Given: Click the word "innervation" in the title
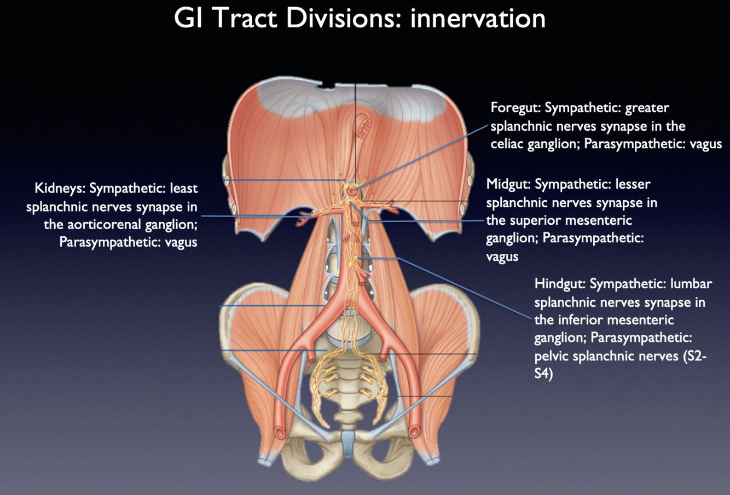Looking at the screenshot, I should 478,18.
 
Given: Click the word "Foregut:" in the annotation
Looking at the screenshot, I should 515,108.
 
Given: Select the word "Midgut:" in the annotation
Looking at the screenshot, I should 508,184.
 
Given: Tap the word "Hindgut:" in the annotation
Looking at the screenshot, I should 560,284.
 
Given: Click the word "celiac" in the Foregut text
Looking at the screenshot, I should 507,144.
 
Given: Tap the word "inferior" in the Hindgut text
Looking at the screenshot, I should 587,320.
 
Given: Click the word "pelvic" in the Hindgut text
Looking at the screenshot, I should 552,356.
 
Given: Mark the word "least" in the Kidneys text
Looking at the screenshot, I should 183,189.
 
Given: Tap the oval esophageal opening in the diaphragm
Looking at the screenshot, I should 362,130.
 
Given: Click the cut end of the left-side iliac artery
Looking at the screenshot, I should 281,433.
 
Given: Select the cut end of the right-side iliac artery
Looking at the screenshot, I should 414,432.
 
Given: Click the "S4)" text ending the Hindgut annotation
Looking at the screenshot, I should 543,375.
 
